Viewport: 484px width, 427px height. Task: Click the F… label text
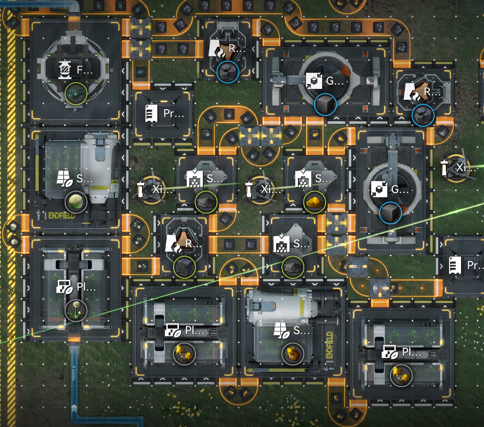coord(82,70)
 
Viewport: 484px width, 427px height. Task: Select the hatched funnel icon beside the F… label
coord(66,69)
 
